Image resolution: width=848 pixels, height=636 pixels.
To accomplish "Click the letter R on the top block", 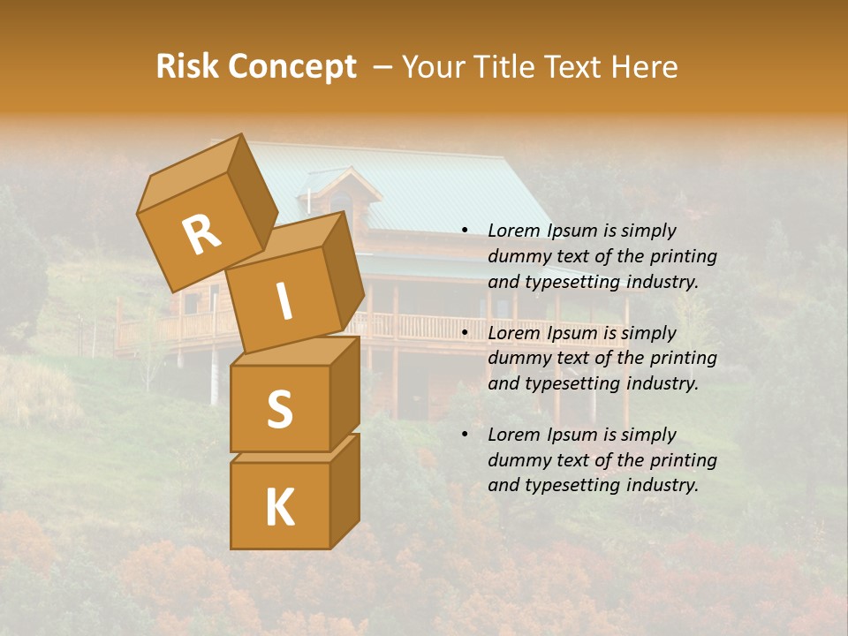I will click(x=201, y=236).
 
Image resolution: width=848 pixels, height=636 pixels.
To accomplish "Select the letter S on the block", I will click(x=279, y=409).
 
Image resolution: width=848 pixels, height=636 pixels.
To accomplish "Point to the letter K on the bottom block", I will click(x=279, y=507).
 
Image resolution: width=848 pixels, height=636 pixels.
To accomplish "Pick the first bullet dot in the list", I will click(x=465, y=231).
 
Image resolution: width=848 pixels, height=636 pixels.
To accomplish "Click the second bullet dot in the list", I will click(x=465, y=333).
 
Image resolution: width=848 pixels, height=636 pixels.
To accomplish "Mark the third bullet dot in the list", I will click(x=465, y=435).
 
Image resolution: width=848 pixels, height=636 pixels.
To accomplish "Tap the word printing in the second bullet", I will click(x=683, y=359).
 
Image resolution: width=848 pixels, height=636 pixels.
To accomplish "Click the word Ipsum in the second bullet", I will click(x=573, y=333).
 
